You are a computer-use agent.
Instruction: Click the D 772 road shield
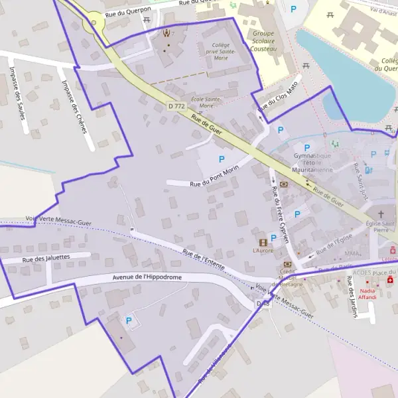coord(176,106)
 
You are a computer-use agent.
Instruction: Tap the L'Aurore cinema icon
coord(263,242)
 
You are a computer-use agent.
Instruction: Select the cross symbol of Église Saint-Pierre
coord(381,214)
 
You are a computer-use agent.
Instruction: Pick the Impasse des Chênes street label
coord(74,106)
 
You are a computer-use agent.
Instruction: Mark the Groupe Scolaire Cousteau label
coord(263,40)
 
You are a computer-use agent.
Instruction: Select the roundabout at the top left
coord(94,23)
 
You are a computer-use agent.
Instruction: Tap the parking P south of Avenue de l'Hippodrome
coord(129,321)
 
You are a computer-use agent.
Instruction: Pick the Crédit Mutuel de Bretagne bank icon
coord(287,263)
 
